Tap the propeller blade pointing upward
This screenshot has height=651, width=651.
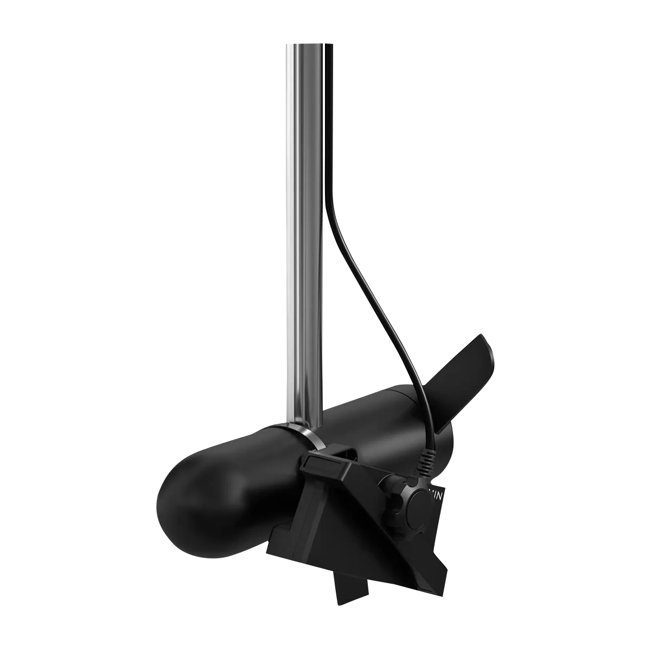(x=456, y=380)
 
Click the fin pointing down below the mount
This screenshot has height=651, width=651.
(x=352, y=586)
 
